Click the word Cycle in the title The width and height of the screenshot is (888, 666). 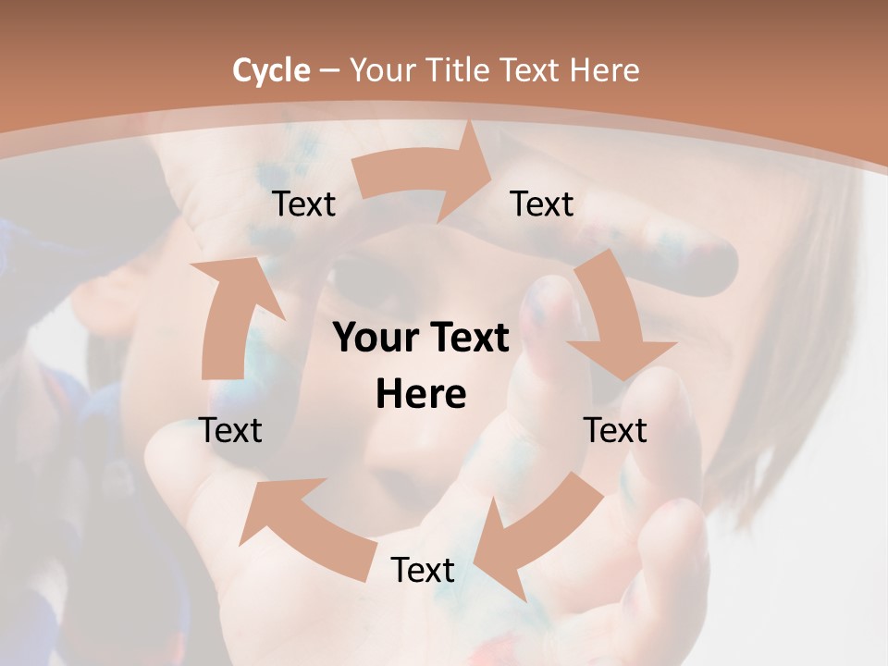(x=271, y=70)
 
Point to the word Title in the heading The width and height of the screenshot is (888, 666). (x=459, y=70)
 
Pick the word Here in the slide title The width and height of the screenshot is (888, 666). (x=607, y=70)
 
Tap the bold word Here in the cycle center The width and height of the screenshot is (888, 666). (x=421, y=395)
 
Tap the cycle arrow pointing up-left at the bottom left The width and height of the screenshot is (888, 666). (x=301, y=527)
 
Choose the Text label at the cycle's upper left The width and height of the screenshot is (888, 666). (x=304, y=203)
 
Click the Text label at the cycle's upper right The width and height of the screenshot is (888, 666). (x=542, y=203)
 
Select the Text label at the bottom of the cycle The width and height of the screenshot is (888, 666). (x=423, y=570)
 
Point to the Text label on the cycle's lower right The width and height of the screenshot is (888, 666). (x=615, y=430)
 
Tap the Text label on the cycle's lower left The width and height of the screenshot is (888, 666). (x=231, y=430)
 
